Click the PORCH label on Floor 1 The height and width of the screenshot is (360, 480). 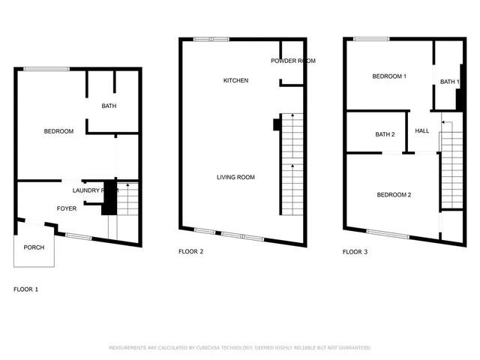(34, 247)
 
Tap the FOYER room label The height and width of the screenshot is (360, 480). (67, 208)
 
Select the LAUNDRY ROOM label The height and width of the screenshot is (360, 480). (95, 190)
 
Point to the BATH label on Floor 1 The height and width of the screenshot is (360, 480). (109, 106)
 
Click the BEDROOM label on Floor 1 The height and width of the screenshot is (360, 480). (58, 132)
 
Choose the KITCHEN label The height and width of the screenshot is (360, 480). (235, 80)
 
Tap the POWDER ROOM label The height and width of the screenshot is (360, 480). (293, 61)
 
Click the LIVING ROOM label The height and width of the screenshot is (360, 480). (235, 177)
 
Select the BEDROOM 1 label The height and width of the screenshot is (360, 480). (389, 76)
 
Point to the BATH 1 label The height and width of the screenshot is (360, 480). (449, 82)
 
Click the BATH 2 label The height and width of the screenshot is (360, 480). (385, 134)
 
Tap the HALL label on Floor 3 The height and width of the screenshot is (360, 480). (422, 131)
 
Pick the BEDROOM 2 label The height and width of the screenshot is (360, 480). (394, 195)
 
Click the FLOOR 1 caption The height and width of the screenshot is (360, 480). (26, 289)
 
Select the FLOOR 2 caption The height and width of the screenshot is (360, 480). (190, 252)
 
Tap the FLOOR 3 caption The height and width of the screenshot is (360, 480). (355, 252)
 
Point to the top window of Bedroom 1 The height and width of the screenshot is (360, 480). (371, 39)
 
